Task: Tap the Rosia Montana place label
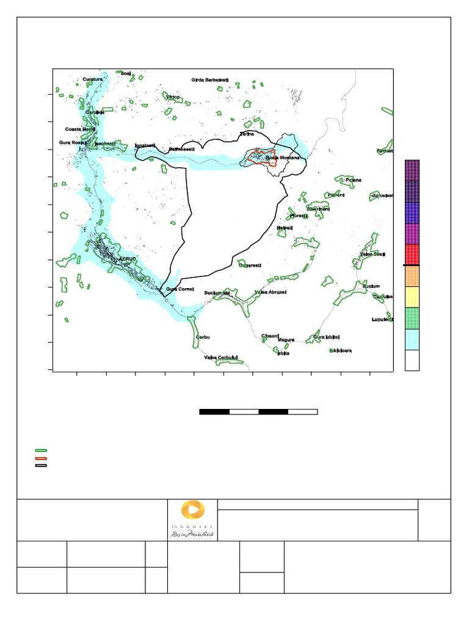(283, 158)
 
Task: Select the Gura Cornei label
(180, 289)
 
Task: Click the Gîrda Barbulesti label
(210, 80)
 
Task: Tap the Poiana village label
(353, 180)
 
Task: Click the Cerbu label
(203, 337)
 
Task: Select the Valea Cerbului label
(220, 358)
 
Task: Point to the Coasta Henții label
(80, 129)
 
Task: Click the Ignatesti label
(145, 146)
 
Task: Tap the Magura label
(286, 340)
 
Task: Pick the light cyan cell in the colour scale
(412, 339)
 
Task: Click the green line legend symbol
(41, 450)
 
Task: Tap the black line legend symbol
(41, 465)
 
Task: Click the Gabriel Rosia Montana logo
(192, 519)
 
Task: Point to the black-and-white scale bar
(258, 412)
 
